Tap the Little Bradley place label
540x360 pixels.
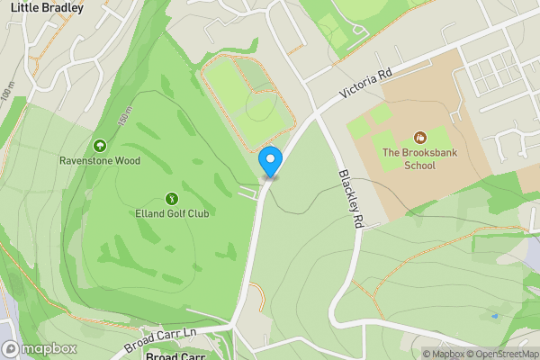[x=47, y=8]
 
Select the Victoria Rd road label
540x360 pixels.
[x=367, y=85]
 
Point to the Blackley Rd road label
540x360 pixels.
[x=351, y=197]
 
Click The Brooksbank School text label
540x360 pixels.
[x=419, y=159]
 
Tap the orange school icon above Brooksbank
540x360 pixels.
[x=419, y=138]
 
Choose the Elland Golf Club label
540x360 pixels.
[x=172, y=214]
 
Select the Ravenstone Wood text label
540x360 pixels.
[x=99, y=161]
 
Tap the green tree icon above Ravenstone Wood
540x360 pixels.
[x=99, y=146]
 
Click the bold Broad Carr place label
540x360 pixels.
[x=175, y=355]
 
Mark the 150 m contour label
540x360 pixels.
[x=125, y=116]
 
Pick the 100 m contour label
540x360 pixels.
[x=8, y=92]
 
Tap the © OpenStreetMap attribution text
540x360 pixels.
[x=499, y=354]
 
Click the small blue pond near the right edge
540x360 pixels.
[x=493, y=316]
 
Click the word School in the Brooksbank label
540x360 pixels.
[x=419, y=166]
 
